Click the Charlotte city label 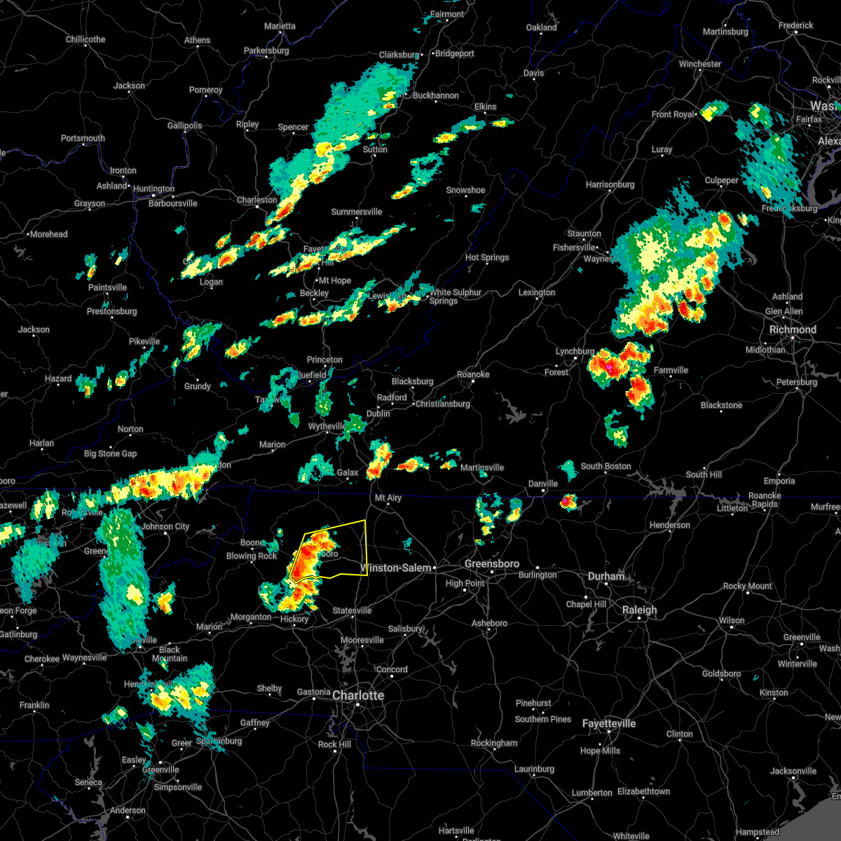358,695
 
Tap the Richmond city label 793,329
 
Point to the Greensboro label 492,563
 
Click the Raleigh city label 640,610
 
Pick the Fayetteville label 609,723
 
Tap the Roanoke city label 473,374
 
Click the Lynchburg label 575,351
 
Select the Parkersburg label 266,50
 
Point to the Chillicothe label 86,39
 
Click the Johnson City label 165,526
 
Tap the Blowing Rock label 252,556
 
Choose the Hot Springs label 487,257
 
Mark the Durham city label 606,576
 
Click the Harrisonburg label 610,184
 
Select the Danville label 543,484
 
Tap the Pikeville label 144,341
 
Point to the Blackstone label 721,405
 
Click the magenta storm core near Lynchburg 610,367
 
